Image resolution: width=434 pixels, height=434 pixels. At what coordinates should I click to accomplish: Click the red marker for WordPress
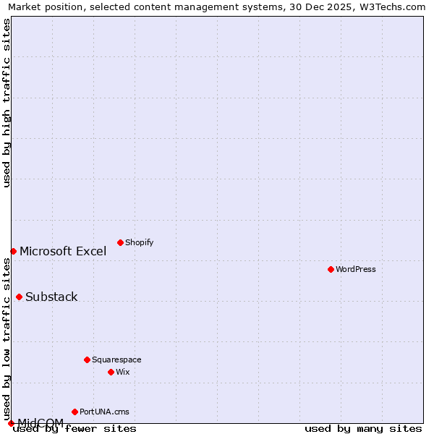pyautogui.click(x=331, y=269)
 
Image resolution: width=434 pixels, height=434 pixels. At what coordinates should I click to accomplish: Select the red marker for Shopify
pyautogui.click(x=120, y=242)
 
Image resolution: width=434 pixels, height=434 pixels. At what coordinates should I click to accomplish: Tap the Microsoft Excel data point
pyautogui.click(x=13, y=251)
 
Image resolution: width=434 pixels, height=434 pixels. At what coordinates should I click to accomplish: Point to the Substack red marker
pyautogui.click(x=19, y=297)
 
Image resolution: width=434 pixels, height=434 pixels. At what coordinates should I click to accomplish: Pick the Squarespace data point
pyautogui.click(x=87, y=359)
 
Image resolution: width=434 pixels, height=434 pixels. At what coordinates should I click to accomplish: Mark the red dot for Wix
pyautogui.click(x=111, y=372)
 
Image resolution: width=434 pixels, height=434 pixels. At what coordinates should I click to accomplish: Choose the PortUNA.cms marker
pyautogui.click(x=75, y=412)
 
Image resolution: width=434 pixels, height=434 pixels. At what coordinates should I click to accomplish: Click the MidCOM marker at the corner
pyautogui.click(x=11, y=423)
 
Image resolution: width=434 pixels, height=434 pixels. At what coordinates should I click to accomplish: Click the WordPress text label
pyautogui.click(x=356, y=269)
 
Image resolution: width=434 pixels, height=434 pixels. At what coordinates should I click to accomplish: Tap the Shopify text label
pyautogui.click(x=139, y=242)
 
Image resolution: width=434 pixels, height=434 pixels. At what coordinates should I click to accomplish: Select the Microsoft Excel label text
pyautogui.click(x=63, y=251)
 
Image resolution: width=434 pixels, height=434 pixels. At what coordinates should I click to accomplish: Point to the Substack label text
pyautogui.click(x=51, y=297)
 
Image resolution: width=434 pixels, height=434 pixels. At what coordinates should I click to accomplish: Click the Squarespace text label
pyautogui.click(x=116, y=359)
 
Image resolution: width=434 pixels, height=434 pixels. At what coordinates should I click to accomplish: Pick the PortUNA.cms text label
pyautogui.click(x=104, y=412)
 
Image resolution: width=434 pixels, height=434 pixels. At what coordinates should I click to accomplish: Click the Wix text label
pyautogui.click(x=122, y=372)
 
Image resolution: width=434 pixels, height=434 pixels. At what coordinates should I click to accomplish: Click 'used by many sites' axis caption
pyautogui.click(x=363, y=429)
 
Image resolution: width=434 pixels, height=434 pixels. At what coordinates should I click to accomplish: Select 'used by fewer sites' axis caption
pyautogui.click(x=75, y=429)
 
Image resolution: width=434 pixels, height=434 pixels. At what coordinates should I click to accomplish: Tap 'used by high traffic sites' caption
pyautogui.click(x=7, y=103)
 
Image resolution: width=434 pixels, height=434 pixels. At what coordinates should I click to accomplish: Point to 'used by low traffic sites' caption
pyautogui.click(x=7, y=335)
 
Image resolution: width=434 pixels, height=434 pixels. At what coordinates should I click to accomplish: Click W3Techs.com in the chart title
pyautogui.click(x=393, y=7)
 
